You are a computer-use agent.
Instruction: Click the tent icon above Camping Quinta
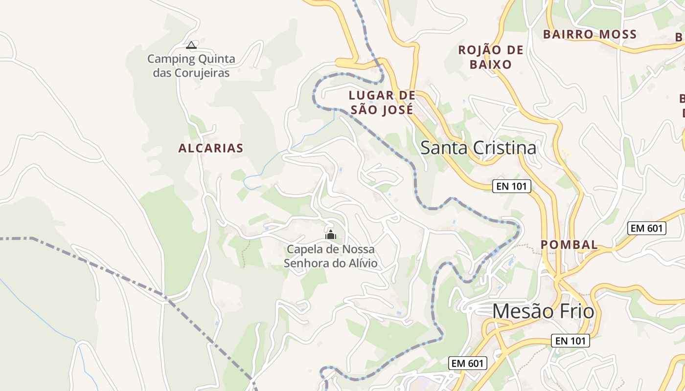[191, 45]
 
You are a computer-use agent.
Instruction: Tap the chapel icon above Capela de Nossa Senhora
[331, 235]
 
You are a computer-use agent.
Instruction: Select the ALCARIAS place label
[211, 148]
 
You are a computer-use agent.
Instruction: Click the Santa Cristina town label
[478, 148]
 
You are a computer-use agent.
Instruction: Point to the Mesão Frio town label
[543, 311]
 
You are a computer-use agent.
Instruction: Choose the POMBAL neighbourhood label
[569, 245]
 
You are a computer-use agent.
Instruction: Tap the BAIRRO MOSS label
[590, 34]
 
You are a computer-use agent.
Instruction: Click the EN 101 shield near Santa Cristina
[511, 186]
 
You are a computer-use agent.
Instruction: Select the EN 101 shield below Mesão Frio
[570, 341]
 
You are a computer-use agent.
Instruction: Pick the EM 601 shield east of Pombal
[647, 228]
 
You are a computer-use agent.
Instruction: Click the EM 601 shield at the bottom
[468, 363]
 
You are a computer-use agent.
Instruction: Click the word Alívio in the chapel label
[363, 263]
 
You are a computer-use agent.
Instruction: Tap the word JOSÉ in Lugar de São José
[396, 110]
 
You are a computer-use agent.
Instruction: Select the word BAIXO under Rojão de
[490, 64]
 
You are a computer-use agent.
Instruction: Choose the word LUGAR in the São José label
[366, 95]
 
